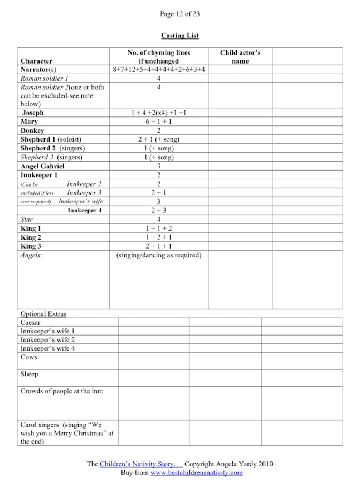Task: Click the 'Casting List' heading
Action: (x=180, y=36)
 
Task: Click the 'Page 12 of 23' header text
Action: (x=179, y=13)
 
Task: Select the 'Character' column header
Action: (x=36, y=61)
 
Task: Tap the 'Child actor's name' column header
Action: (x=240, y=57)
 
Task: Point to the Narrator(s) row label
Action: (x=38, y=70)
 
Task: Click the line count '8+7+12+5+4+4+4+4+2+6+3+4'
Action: (x=159, y=70)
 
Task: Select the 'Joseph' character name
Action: (x=33, y=113)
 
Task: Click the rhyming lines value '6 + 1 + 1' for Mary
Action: (x=159, y=122)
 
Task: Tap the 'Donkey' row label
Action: (x=32, y=130)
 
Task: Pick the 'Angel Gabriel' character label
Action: (x=42, y=166)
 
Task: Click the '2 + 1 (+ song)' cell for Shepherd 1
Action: (x=159, y=139)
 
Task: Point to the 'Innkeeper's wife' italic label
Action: (x=80, y=201)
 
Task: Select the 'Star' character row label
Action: (x=27, y=220)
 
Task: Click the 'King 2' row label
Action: (x=31, y=237)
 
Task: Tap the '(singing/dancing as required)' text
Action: (x=159, y=255)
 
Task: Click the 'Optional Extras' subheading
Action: (x=43, y=314)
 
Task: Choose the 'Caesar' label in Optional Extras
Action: (x=31, y=322)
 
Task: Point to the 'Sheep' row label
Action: (x=30, y=375)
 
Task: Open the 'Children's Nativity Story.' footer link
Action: (x=141, y=464)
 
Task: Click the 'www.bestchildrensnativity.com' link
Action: (x=196, y=473)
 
